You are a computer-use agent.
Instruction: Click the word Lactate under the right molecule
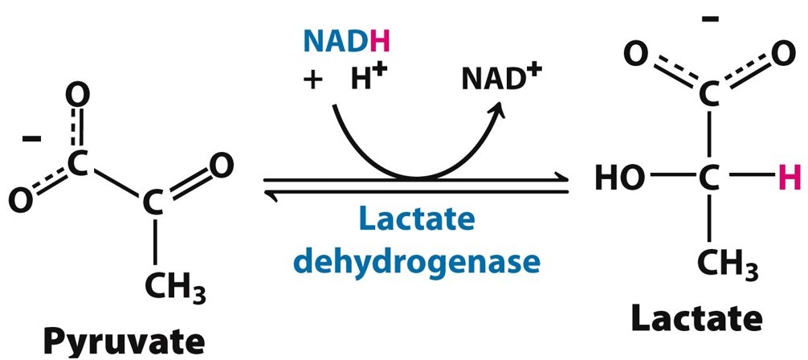coord(695,319)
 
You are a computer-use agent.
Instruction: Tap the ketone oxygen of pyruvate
coord(222,166)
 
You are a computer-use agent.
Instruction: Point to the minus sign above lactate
coord(708,18)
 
